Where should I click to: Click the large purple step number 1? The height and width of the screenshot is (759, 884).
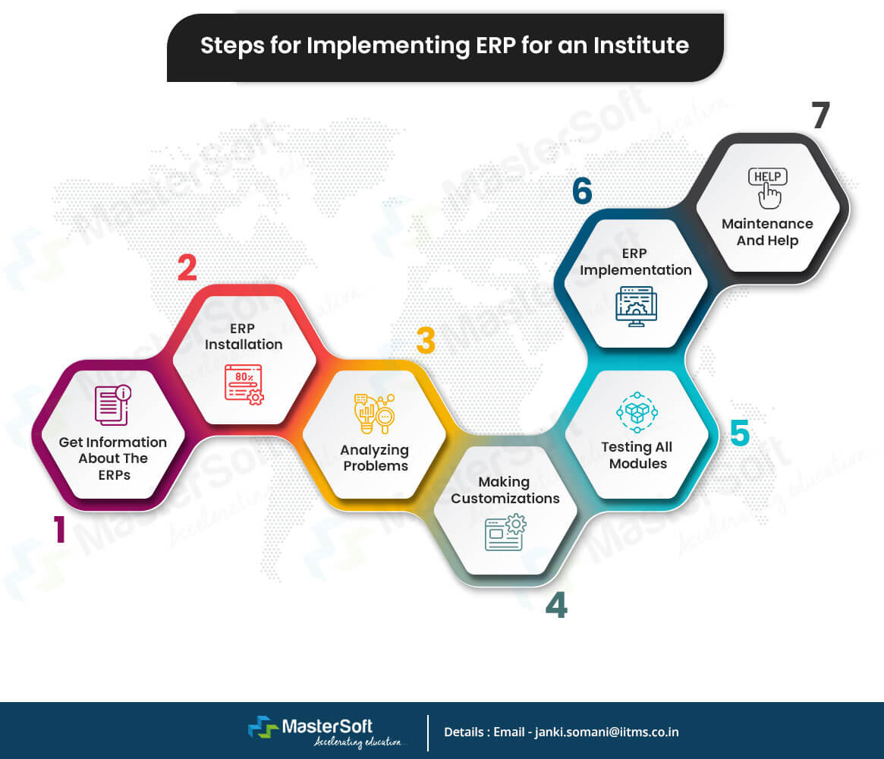click(x=58, y=530)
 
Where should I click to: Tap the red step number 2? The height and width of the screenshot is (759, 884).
click(x=187, y=268)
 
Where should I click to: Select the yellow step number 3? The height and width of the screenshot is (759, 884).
click(x=426, y=342)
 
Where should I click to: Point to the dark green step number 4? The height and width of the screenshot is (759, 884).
click(x=556, y=605)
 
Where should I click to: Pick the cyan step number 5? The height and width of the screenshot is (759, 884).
click(x=739, y=433)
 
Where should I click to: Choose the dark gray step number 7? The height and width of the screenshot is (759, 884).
click(x=820, y=115)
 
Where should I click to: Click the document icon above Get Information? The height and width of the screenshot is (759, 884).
click(x=112, y=405)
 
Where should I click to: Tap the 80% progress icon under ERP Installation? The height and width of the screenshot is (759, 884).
click(x=244, y=383)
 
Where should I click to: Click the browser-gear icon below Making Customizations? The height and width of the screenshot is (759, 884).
click(x=505, y=531)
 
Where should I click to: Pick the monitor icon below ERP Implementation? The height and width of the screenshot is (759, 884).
click(x=637, y=306)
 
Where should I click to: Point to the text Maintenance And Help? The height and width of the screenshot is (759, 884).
click(x=767, y=232)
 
